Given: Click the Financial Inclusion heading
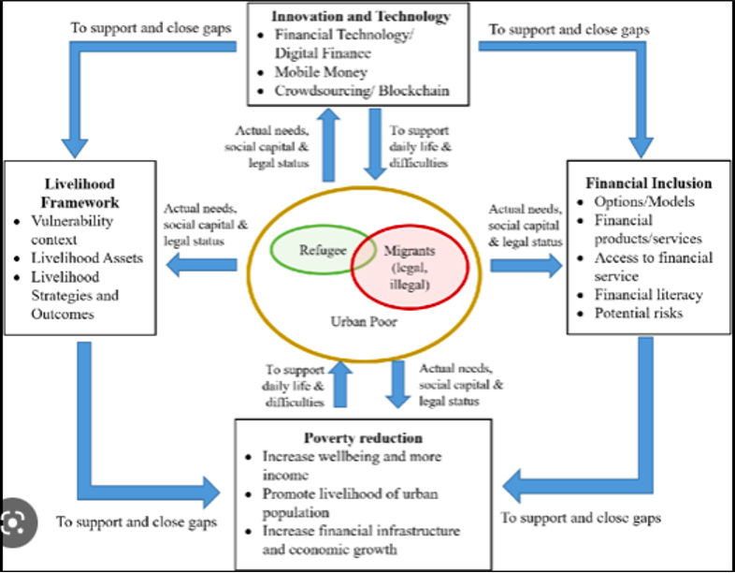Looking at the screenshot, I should point(648,184).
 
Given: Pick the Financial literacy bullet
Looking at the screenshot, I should point(649,294).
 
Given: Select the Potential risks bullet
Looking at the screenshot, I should point(639,312).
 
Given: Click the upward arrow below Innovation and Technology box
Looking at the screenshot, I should point(328,146).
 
